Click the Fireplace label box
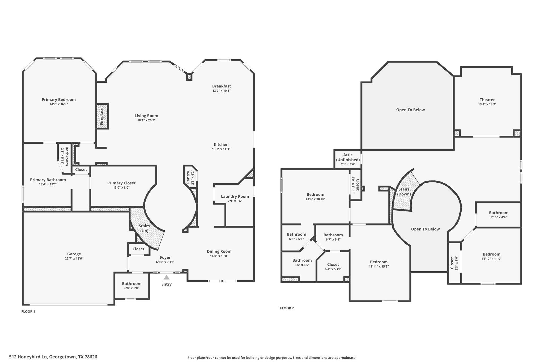102,116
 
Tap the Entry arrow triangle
167,277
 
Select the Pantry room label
188,177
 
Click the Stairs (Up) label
144,228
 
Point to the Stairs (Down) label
404,191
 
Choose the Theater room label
487,100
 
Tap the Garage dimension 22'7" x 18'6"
74,258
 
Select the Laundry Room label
235,196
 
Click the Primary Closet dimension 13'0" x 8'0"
121,187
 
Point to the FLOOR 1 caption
28,311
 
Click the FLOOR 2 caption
287,308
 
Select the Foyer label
165,257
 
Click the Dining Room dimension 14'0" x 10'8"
219,256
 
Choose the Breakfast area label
222,86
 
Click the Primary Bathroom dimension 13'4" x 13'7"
48,184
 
